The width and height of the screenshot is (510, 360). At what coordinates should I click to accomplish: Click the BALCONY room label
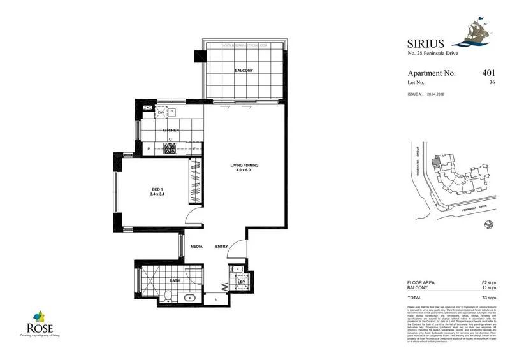[x=242, y=70]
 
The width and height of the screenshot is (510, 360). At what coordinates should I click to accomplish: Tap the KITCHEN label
[x=170, y=130]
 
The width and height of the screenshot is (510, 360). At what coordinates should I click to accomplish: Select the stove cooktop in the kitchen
[x=170, y=148]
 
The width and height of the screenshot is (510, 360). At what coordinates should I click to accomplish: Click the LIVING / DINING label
[x=244, y=168]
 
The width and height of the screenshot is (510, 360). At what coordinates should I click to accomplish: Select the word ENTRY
[x=221, y=247]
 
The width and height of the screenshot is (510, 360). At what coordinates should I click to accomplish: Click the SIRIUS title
[x=425, y=45]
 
